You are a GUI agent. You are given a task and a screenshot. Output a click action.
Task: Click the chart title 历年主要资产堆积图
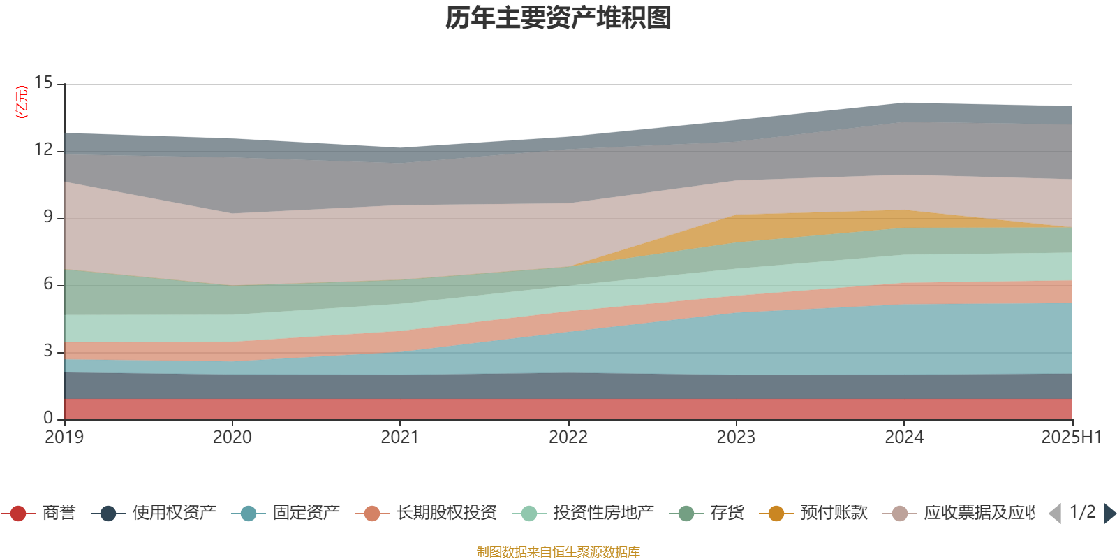point(558,18)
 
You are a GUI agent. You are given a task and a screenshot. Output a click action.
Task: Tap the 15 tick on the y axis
point(43,83)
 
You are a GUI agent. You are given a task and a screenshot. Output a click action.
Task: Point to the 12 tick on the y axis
point(43,150)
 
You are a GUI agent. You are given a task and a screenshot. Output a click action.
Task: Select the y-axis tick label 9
point(47,217)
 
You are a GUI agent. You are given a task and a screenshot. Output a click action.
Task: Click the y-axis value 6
point(47,284)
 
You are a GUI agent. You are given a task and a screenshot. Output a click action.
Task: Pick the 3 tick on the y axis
point(47,351)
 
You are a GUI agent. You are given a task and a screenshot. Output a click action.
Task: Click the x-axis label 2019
point(64,437)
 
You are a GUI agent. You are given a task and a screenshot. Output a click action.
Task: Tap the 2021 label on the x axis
point(400,437)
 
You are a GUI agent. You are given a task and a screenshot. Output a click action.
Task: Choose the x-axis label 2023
point(736,437)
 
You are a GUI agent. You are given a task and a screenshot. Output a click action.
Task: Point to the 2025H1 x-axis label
point(1071,437)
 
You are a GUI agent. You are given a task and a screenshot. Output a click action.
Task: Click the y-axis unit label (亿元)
point(22,102)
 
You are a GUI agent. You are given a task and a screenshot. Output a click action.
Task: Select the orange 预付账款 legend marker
point(776,514)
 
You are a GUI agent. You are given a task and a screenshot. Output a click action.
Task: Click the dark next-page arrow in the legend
point(1110,514)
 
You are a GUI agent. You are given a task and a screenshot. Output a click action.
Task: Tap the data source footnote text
point(558,552)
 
